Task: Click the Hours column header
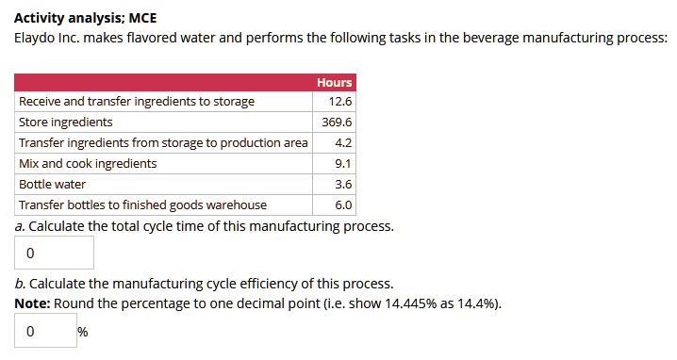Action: click(334, 82)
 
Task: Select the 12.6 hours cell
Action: click(340, 102)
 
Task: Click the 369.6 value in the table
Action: click(337, 123)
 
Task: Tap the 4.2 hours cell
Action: click(343, 143)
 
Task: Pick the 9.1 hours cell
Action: click(343, 164)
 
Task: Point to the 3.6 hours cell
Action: click(343, 185)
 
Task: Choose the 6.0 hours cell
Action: click(343, 205)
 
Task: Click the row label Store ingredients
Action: click(66, 123)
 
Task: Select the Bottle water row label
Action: click(53, 185)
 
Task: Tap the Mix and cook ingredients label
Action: click(88, 164)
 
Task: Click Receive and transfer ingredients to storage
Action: click(137, 102)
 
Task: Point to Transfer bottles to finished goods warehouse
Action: click(142, 205)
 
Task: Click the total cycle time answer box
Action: click(55, 254)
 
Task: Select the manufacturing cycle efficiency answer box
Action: click(45, 332)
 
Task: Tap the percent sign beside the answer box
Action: click(83, 333)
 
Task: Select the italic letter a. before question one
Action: click(20, 227)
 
